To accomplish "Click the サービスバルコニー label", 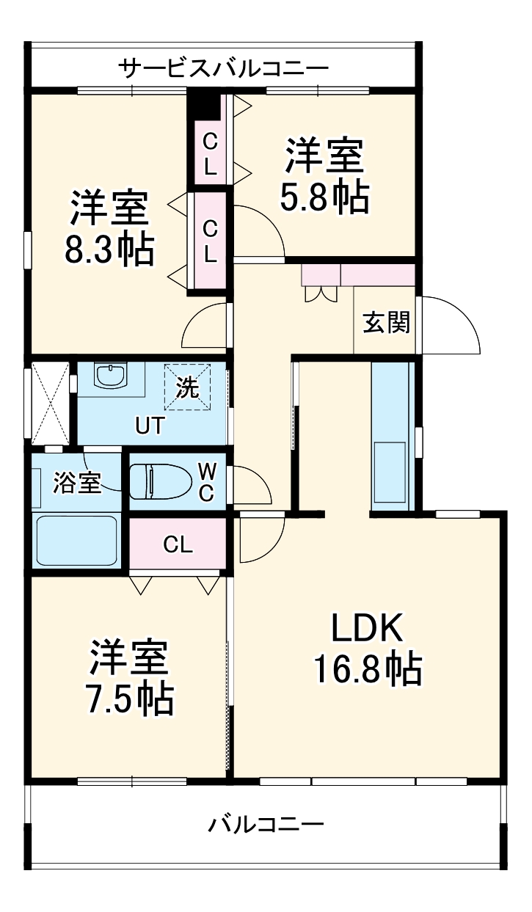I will [224, 69].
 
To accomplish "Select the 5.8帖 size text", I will [324, 196].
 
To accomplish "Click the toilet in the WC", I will [159, 482].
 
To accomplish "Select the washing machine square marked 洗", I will [188, 387].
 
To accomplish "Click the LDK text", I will [367, 629].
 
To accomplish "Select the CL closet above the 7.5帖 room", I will [178, 544].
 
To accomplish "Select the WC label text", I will [208, 481].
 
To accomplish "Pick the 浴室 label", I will [76, 484].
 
